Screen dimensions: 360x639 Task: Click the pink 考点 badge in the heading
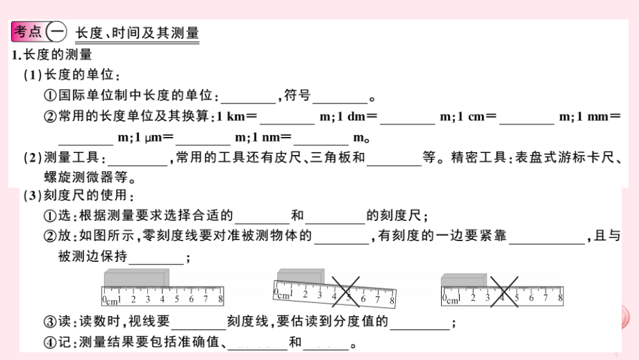tap(28, 31)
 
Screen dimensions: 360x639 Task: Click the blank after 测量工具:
tap(138, 158)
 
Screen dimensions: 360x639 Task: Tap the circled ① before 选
tap(50, 215)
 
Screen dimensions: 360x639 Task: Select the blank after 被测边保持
tap(156, 257)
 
